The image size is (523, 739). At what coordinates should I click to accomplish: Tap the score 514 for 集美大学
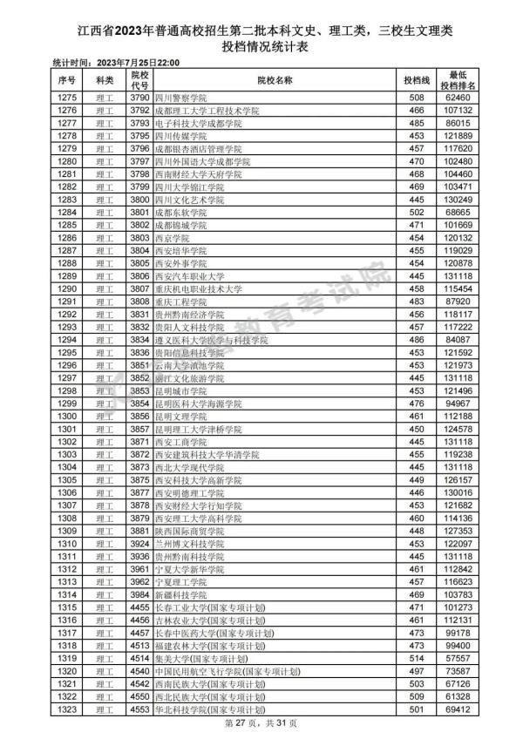(415, 658)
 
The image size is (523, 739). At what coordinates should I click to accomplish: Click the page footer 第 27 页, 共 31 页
(261, 723)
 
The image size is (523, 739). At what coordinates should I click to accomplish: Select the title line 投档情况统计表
(261, 47)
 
